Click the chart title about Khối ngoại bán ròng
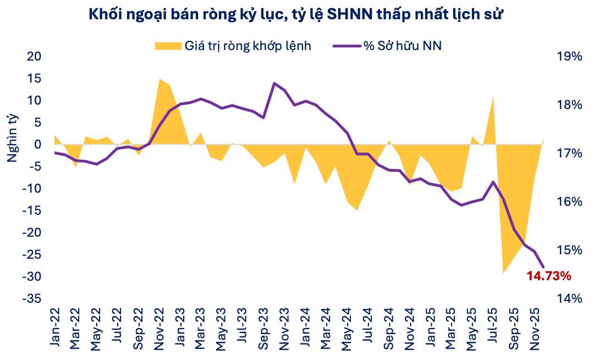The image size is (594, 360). pos(297,15)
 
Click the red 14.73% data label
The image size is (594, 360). pos(548,276)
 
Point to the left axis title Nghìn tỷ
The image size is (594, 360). pos(12,138)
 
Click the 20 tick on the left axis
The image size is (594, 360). pos(34,57)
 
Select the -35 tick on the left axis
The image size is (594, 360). pos(31,298)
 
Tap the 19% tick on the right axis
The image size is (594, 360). pos(569,57)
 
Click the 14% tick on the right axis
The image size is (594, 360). pos(569,298)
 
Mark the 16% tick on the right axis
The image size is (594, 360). pos(569,201)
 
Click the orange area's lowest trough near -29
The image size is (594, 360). pos(503,272)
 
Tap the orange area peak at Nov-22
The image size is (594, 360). pos(159,79)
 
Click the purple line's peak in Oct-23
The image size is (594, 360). pos(274,83)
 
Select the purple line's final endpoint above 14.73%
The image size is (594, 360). pos(543,267)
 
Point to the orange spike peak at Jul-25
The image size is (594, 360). pos(493,97)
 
